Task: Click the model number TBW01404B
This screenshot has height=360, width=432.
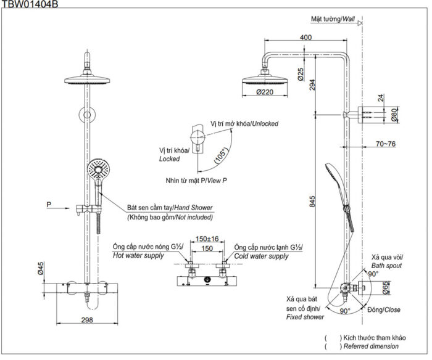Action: coord(30,4)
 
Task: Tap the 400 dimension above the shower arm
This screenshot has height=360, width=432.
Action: coord(305,37)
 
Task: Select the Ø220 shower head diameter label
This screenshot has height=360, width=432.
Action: coord(265,92)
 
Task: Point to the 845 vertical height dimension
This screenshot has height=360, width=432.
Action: coord(312,202)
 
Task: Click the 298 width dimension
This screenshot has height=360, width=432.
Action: coord(87,320)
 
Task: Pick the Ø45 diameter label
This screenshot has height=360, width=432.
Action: coord(41,268)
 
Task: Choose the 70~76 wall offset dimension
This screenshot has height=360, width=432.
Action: coord(386,144)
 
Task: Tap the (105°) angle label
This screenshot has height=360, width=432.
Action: coord(222,156)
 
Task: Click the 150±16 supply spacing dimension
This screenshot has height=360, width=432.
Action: coord(207,239)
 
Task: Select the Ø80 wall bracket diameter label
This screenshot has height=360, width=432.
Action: coord(394,115)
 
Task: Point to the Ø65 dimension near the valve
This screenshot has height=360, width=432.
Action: coord(386,288)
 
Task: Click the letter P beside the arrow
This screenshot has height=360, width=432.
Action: coord(49,205)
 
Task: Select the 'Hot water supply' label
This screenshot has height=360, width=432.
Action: coord(138,255)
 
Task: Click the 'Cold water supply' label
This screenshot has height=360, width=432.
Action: coord(261,256)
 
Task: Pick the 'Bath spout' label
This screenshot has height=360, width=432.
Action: coord(386,266)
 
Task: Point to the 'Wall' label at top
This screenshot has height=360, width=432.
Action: coord(349,19)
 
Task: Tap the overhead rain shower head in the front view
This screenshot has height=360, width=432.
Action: coord(87,80)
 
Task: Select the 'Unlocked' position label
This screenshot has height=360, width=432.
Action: coord(265,123)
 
